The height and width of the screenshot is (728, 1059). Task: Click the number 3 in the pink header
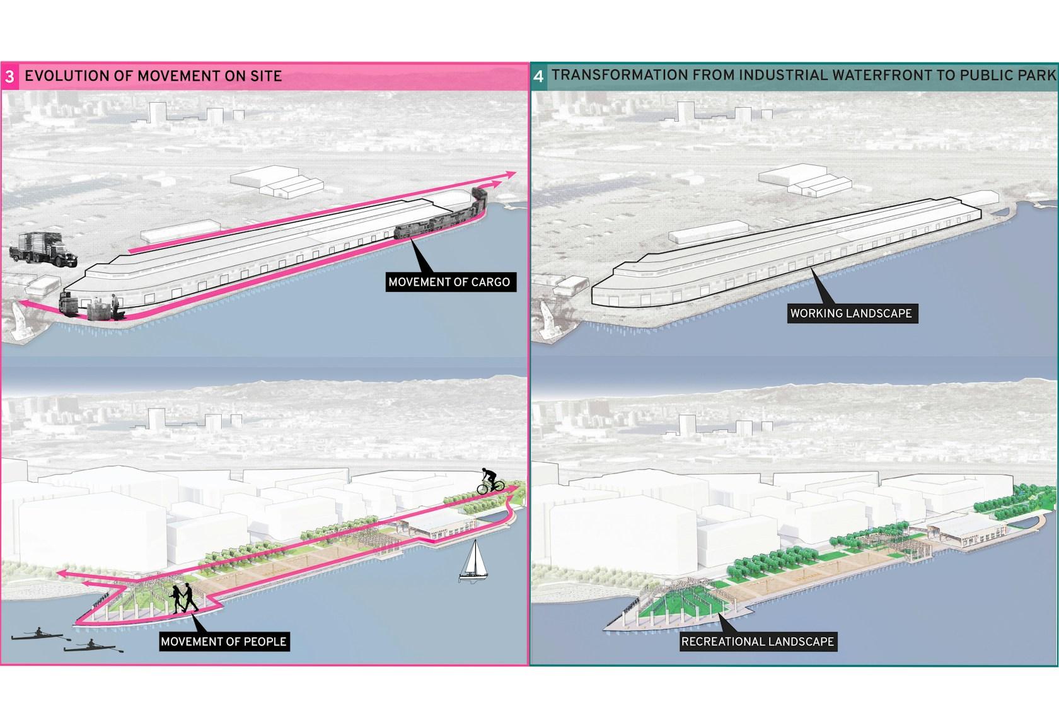9,77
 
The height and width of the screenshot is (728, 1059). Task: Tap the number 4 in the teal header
538,76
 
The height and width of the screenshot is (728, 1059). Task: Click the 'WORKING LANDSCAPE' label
852,313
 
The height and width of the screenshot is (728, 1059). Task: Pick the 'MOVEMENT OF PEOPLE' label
224,642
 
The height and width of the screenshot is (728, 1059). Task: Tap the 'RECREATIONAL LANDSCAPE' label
758,642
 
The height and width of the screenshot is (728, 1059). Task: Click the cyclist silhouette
490,482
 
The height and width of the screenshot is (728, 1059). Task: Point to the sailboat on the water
473,561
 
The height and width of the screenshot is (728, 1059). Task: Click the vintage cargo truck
43,250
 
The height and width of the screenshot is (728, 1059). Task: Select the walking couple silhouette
183,599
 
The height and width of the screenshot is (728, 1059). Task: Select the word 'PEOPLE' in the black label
263,642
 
